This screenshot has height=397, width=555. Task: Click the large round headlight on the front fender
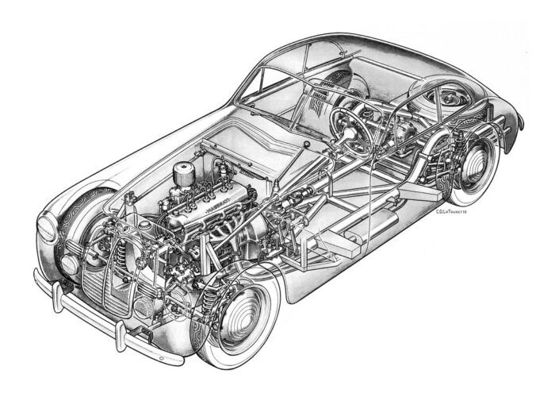click(47, 229)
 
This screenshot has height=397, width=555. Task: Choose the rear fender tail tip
click(519, 127)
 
